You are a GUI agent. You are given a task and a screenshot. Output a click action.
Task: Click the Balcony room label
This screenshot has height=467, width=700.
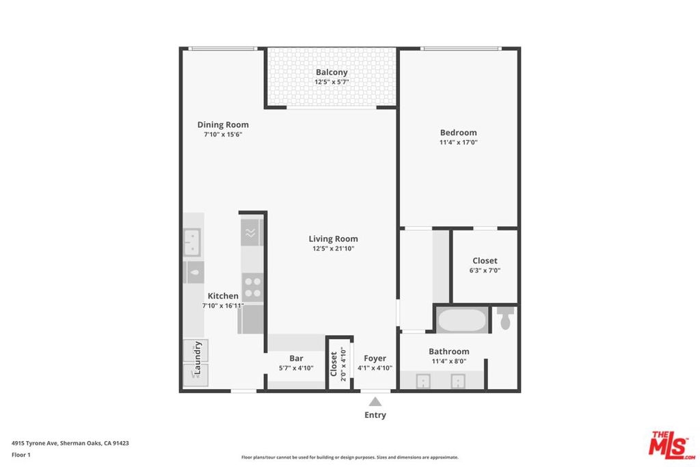click(x=332, y=72)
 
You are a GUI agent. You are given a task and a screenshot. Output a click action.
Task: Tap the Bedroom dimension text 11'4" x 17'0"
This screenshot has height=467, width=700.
click(x=459, y=142)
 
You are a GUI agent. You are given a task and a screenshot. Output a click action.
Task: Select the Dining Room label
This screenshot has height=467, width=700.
click(x=223, y=124)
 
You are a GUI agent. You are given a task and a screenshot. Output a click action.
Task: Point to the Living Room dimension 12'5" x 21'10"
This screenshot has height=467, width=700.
click(x=333, y=249)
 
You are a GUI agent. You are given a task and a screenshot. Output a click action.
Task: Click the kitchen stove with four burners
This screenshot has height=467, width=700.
click(x=253, y=287)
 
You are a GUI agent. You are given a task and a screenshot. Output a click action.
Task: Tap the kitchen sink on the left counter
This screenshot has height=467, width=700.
click(x=192, y=242)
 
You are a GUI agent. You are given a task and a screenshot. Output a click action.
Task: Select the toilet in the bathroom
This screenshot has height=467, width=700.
click(x=505, y=317)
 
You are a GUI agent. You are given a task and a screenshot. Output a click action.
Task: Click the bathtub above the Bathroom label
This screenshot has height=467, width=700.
click(x=462, y=320)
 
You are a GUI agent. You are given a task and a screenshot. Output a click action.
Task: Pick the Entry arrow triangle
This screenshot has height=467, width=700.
click(x=375, y=401)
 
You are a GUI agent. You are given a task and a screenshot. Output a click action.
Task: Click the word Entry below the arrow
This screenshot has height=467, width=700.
click(x=375, y=415)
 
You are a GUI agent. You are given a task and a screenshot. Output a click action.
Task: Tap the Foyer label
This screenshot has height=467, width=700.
click(x=375, y=358)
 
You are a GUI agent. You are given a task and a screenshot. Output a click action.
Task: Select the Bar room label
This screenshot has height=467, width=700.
click(x=296, y=358)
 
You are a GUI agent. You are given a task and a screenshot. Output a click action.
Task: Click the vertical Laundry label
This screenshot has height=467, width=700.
click(x=198, y=358)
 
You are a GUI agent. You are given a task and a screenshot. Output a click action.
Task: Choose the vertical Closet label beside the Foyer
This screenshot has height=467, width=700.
click(x=334, y=364)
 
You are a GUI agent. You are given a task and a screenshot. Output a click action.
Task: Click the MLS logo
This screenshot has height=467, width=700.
click(x=671, y=445)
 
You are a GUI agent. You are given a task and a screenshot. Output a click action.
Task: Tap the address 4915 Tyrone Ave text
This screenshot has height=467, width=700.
click(x=35, y=443)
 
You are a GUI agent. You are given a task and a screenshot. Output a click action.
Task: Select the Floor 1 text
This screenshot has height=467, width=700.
click(x=21, y=455)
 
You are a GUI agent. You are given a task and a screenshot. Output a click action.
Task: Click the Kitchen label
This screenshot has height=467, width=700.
click(x=223, y=295)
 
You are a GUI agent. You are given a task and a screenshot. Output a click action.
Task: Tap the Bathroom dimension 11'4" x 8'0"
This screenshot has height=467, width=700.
click(x=448, y=361)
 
